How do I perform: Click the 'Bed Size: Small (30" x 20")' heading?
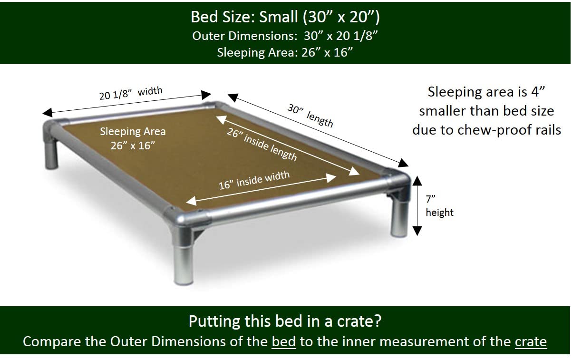pos(285,17)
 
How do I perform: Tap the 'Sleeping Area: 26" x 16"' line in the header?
pos(285,52)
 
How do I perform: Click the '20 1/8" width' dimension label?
pos(131,93)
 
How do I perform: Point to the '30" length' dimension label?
pos(310,115)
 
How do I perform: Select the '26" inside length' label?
pos(262,145)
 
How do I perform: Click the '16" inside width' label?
pos(254,180)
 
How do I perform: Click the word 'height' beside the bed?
pos(439,212)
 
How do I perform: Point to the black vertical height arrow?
pos(417,205)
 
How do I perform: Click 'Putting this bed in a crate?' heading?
pos(285,321)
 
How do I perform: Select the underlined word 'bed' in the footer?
pos(284,342)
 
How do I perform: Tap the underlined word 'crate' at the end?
pos(531,342)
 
